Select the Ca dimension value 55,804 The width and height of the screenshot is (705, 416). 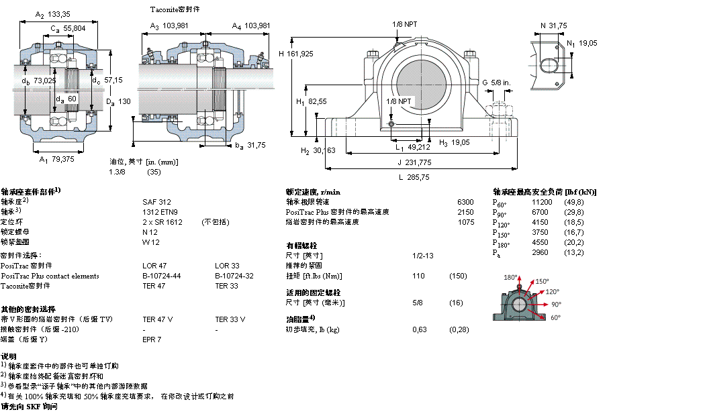tap(75, 28)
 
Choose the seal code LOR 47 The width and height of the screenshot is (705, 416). tap(154, 266)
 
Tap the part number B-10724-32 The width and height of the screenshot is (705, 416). tap(235, 276)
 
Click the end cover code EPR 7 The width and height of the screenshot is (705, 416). tap(152, 340)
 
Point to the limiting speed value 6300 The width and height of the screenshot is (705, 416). tap(465, 201)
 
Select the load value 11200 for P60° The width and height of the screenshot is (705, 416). tap(542, 201)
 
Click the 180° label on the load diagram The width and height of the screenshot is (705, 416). tap(511, 276)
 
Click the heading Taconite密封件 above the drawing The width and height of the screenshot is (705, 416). tap(175, 9)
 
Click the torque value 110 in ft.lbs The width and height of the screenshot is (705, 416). tap(418, 276)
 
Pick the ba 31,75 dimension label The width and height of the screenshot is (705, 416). tap(250, 144)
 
